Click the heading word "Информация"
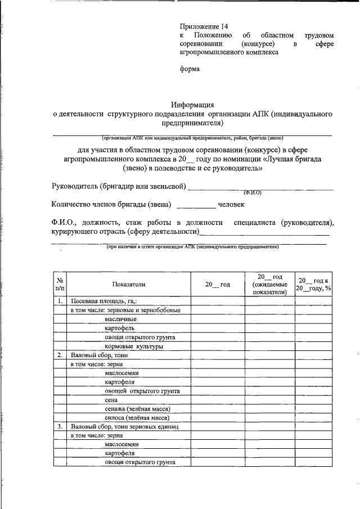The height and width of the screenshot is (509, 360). click(x=192, y=104)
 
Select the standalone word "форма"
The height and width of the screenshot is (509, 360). click(x=190, y=69)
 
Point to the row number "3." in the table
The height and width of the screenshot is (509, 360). click(x=60, y=426)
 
